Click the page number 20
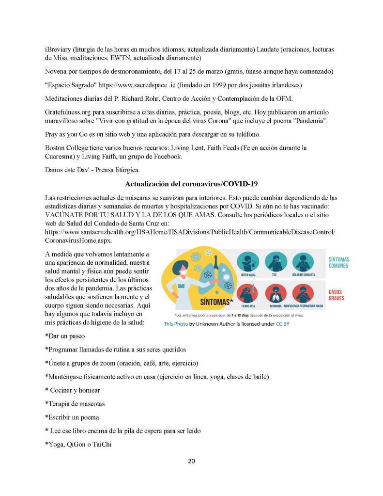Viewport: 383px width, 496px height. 191,461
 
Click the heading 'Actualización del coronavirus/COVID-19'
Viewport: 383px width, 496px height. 191,184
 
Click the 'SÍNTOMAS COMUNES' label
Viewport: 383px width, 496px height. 338,262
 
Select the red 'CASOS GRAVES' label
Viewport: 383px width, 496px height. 337,295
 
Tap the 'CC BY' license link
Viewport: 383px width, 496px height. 282,324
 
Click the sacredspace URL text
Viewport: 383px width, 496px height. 136,85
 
